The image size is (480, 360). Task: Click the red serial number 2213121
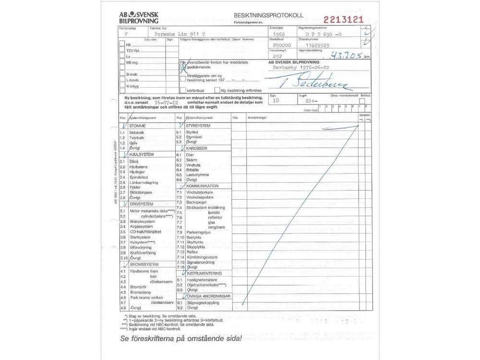(x=344, y=20)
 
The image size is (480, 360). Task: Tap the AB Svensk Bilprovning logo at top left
(x=139, y=17)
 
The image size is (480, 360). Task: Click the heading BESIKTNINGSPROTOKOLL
(x=263, y=16)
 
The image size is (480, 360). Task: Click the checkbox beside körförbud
(x=182, y=90)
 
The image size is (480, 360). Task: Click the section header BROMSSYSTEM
(x=144, y=264)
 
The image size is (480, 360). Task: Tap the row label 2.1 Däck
(x=130, y=162)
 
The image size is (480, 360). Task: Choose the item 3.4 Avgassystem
(x=136, y=227)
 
